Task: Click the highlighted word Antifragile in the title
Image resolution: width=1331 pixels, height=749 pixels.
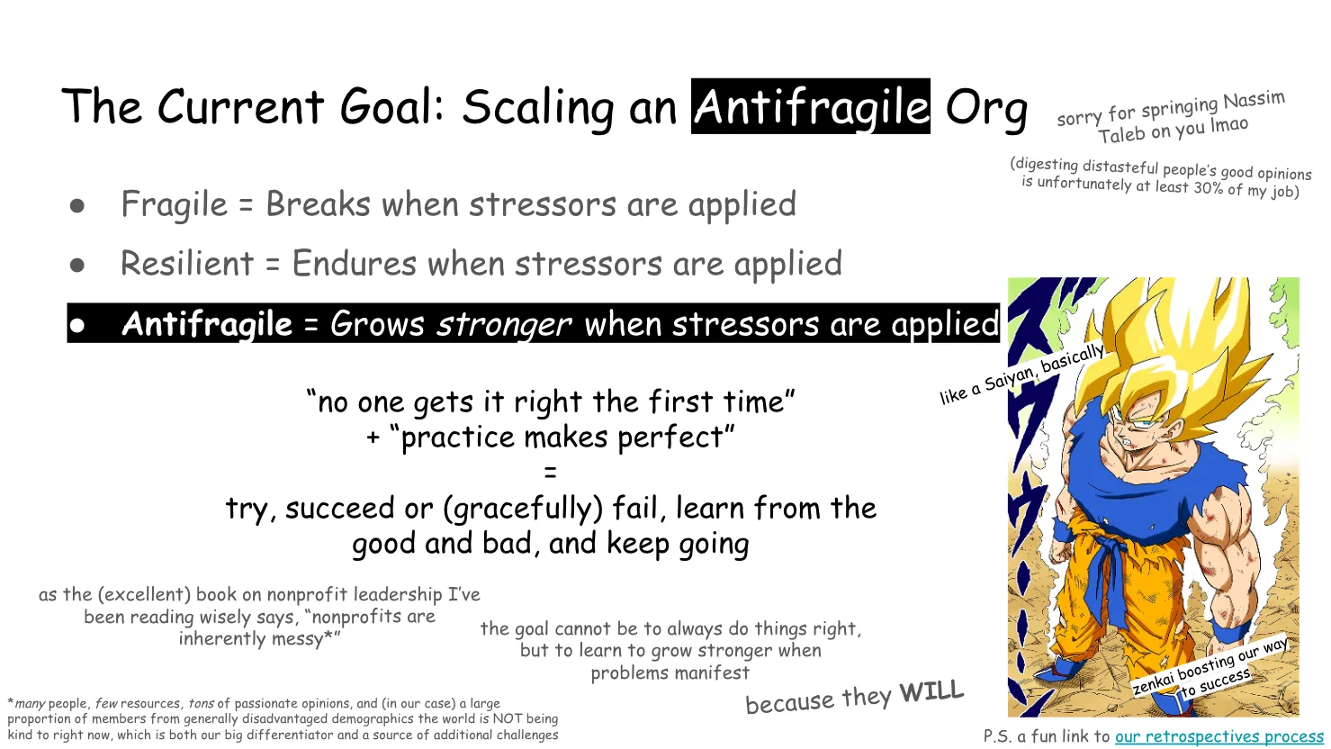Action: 810,107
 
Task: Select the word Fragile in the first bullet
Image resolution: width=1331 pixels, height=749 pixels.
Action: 174,205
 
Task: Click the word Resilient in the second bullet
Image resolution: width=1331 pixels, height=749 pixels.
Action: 187,265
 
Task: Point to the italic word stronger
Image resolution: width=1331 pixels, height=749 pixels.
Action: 503,324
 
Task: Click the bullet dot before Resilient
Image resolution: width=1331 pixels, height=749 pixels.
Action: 77,266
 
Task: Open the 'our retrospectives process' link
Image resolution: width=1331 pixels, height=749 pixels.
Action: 1219,736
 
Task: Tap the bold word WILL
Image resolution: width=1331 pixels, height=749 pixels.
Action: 931,692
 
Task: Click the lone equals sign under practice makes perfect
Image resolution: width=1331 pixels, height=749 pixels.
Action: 551,473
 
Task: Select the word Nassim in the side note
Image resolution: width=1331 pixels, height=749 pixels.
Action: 1254,101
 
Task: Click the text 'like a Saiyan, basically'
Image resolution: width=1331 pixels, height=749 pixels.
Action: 1021,374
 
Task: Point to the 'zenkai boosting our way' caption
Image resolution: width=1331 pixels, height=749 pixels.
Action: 1209,667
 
